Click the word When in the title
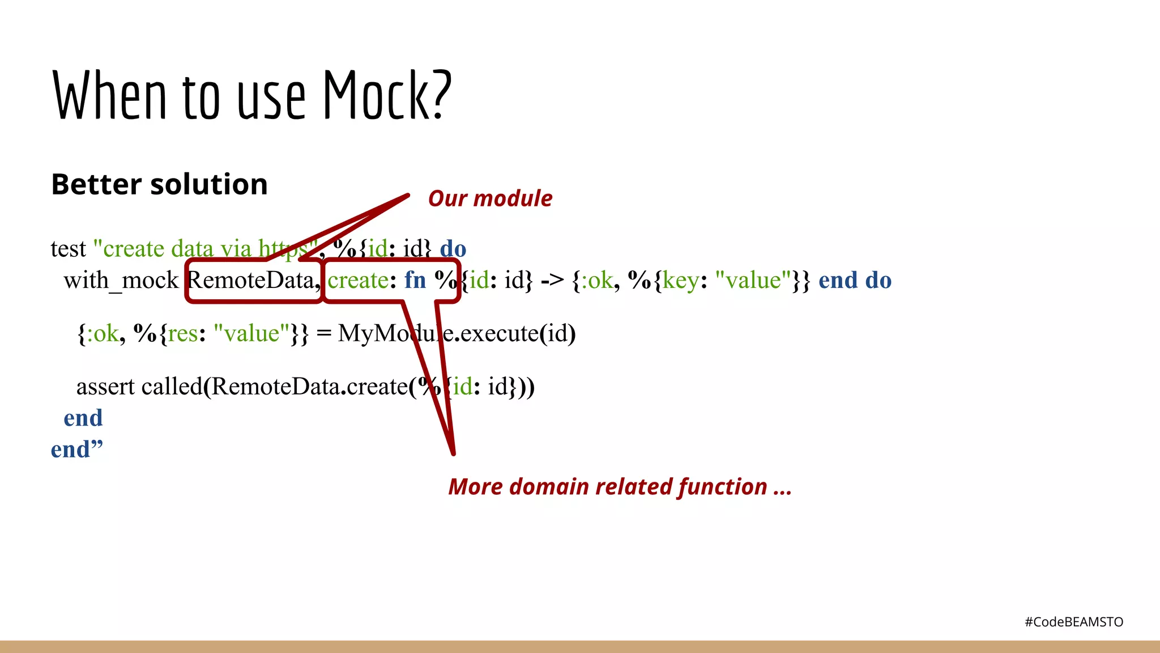[110, 95]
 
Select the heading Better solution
[159, 184]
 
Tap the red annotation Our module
[490, 198]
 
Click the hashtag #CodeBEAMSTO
[1073, 622]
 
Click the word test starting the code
[68, 249]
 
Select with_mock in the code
[121, 281]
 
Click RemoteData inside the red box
[250, 280]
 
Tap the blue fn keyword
[415, 280]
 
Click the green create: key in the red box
[357, 280]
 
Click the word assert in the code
[105, 387]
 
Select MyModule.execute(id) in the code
[457, 333]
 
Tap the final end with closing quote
[76, 450]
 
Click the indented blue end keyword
[83, 418]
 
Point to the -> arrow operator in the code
[552, 280]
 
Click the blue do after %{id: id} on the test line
[453, 249]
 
